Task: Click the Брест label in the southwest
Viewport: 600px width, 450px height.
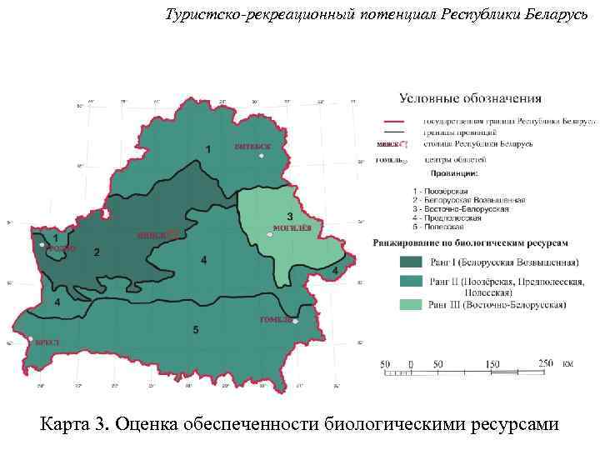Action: pos(46,342)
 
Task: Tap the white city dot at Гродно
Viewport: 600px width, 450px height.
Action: pos(42,245)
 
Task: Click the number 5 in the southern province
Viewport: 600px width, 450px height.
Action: pos(196,330)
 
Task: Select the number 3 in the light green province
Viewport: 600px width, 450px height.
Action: pos(290,216)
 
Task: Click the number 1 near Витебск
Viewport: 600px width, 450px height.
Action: pos(207,147)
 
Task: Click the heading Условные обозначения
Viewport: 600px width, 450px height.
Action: pos(470,99)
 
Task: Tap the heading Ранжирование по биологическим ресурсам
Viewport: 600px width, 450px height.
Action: pos(470,244)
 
